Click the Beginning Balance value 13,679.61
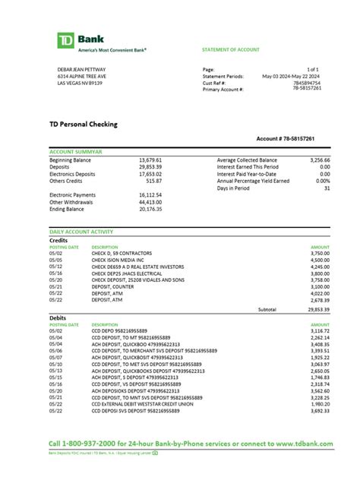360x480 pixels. click(x=150, y=160)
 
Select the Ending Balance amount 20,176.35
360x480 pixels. click(x=150, y=209)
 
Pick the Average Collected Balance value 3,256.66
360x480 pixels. click(x=317, y=160)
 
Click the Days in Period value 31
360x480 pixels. click(x=326, y=188)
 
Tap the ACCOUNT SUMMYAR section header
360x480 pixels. click(x=76, y=152)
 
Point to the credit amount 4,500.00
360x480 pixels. click(x=319, y=260)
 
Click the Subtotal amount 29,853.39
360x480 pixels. click(x=317, y=309)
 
